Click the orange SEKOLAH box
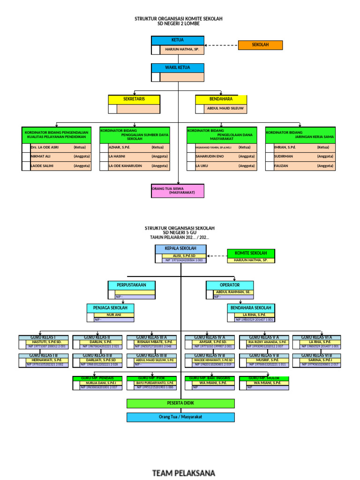coord(260,45)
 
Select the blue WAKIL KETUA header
coord(178,68)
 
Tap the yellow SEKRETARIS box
coord(134,99)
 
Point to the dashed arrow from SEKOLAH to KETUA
coord(221,45)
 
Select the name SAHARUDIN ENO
coord(210,156)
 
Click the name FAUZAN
coord(281,165)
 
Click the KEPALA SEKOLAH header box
coord(180,248)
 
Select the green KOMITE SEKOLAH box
coord(251,253)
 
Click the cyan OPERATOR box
coord(230,285)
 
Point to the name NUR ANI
coord(114,315)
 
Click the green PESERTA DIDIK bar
coord(180,403)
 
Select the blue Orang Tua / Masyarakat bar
coord(180,417)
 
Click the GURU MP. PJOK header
coord(151,378)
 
